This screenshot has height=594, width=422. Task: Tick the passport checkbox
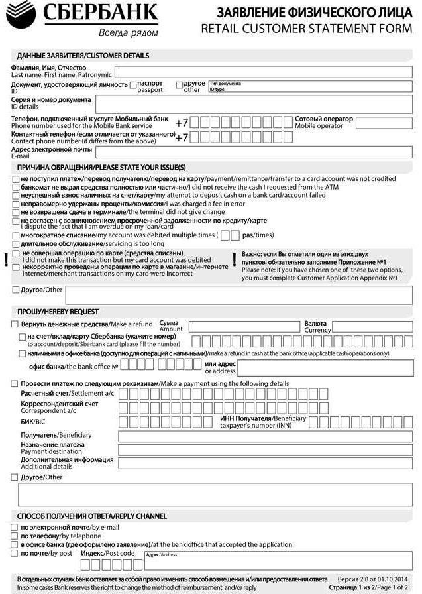pyautogui.click(x=133, y=85)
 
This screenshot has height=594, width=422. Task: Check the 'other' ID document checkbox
pyautogui.click(x=180, y=85)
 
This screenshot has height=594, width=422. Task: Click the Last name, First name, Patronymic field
pyautogui.click(x=263, y=72)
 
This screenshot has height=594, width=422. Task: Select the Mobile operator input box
pyautogui.click(x=384, y=123)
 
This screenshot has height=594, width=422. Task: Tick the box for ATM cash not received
pyautogui.click(x=16, y=188)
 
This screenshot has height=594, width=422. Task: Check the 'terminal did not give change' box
pyautogui.click(x=16, y=212)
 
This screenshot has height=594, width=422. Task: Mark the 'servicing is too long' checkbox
pyautogui.click(x=16, y=244)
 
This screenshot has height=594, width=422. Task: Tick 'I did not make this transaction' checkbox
pyautogui.click(x=16, y=254)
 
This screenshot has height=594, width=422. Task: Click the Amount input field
pyautogui.click(x=244, y=326)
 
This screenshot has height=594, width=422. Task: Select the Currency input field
pyautogui.click(x=372, y=326)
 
